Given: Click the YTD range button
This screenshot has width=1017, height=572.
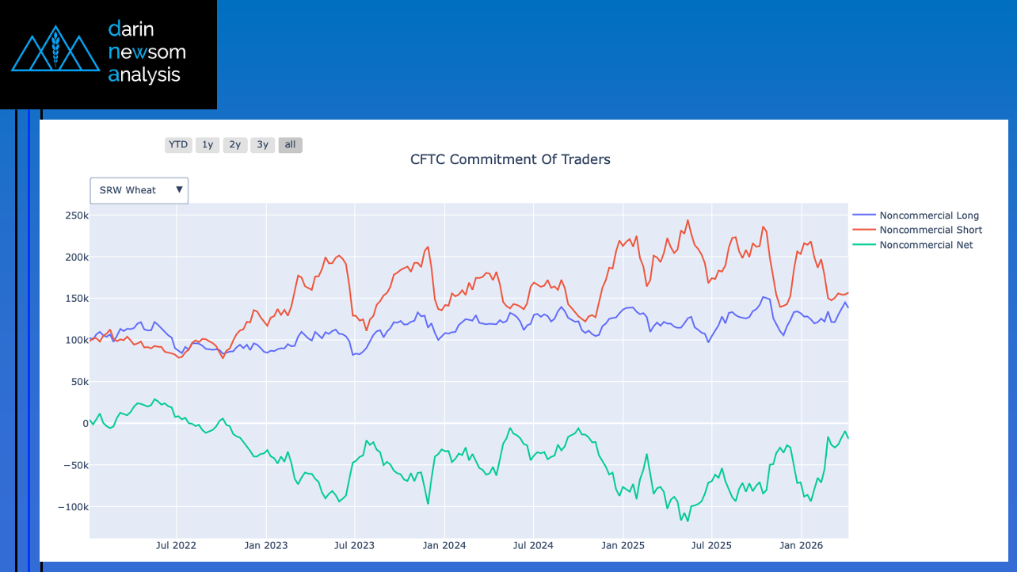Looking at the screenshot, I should [x=178, y=145].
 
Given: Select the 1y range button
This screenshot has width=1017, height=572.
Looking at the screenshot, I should [x=208, y=145].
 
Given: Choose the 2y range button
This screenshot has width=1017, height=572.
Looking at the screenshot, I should [x=235, y=145].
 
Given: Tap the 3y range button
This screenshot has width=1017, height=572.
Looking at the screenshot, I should [x=263, y=145].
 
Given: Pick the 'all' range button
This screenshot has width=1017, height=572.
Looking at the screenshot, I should [x=290, y=145].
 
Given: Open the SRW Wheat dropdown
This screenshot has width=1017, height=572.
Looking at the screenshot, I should [x=139, y=190].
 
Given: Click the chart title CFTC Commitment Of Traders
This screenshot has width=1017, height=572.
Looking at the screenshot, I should [x=510, y=159].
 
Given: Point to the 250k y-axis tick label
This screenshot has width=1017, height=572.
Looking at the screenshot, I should [x=76, y=215].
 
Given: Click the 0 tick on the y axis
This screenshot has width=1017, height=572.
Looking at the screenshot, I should [x=83, y=423].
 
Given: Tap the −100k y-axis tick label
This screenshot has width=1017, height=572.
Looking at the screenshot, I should [x=73, y=506].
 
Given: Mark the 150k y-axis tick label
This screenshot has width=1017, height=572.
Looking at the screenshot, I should [x=76, y=299].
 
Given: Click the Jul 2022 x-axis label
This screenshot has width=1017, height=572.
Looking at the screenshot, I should [x=176, y=545].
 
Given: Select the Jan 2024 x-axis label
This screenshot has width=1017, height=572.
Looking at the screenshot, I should [x=444, y=545].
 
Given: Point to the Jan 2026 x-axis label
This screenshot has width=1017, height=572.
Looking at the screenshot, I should [x=801, y=545].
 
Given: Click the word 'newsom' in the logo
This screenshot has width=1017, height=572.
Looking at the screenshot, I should [x=147, y=52].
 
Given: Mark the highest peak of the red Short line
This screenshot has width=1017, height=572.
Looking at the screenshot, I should [x=688, y=220].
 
